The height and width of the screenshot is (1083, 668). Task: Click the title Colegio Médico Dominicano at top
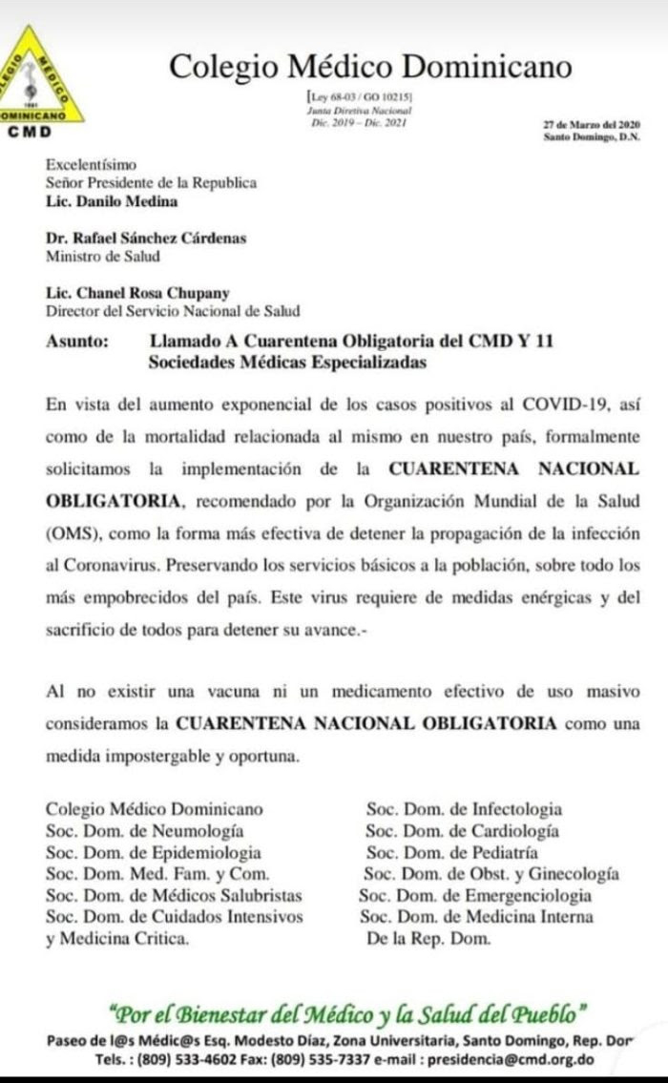click(370, 66)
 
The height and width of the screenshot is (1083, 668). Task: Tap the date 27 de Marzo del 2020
click(592, 125)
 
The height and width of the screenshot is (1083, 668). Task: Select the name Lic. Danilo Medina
click(112, 201)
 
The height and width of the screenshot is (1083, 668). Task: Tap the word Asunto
click(75, 340)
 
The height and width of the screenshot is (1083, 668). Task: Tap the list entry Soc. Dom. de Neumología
click(144, 831)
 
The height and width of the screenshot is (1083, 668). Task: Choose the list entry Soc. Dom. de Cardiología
click(463, 831)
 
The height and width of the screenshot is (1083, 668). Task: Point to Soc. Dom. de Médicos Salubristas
click(174, 896)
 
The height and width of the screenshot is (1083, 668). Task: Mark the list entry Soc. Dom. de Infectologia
click(464, 810)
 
